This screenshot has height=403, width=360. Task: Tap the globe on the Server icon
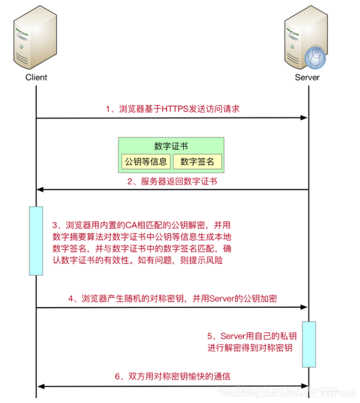[315, 58]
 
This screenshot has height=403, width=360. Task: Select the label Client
[36, 77]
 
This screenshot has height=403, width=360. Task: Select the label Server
[307, 77]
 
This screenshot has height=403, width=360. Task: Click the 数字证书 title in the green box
[171, 146]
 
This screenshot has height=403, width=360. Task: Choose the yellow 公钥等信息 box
[146, 161]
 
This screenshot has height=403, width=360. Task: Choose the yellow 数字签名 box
[197, 161]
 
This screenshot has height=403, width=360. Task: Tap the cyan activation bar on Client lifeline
[36, 241]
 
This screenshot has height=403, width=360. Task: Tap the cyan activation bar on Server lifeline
[309, 344]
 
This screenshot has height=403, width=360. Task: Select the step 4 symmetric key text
[172, 298]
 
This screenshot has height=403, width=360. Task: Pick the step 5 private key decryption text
[252, 342]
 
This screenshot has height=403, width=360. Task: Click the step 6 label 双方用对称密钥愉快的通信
[172, 376]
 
